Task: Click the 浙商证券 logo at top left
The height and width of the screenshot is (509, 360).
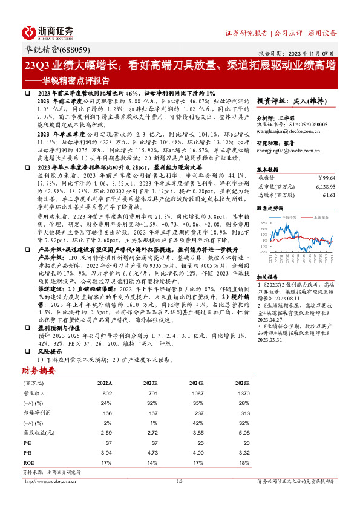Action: (48, 32)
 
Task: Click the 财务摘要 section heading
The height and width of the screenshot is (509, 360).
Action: (39, 370)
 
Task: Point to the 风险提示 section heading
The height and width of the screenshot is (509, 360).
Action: (48, 350)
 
